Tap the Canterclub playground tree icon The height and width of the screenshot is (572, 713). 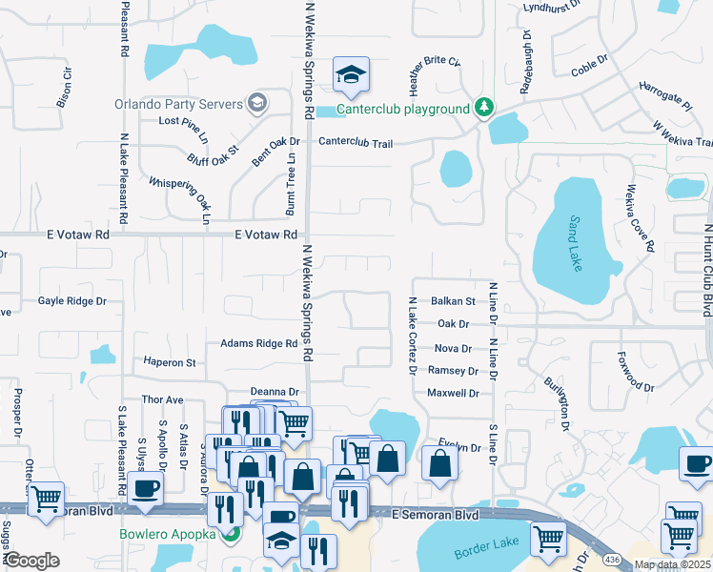(484, 109)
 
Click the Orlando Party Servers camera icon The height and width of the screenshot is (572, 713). (255, 102)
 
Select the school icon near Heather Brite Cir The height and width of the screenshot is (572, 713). (351, 75)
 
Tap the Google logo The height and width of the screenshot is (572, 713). (32, 561)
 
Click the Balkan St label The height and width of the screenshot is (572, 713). (453, 300)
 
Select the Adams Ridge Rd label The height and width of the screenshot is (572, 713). (259, 343)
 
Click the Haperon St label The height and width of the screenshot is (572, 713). (169, 362)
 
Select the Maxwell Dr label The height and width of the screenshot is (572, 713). (453, 393)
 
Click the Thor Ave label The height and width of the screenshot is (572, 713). (162, 399)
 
